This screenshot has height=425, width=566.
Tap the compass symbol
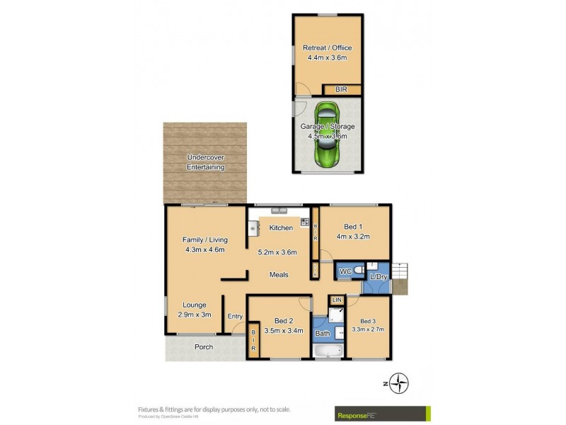[x=401, y=383]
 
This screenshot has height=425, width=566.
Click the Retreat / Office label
[x=327, y=48]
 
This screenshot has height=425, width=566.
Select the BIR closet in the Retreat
[x=342, y=89]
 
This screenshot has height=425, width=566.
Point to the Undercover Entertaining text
[x=205, y=162]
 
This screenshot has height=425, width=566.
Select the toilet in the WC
[x=359, y=272]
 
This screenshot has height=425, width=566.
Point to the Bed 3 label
[x=368, y=321]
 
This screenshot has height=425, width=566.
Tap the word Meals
[x=279, y=274]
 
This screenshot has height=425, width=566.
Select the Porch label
[x=203, y=346]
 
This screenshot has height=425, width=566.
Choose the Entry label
[x=235, y=317]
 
